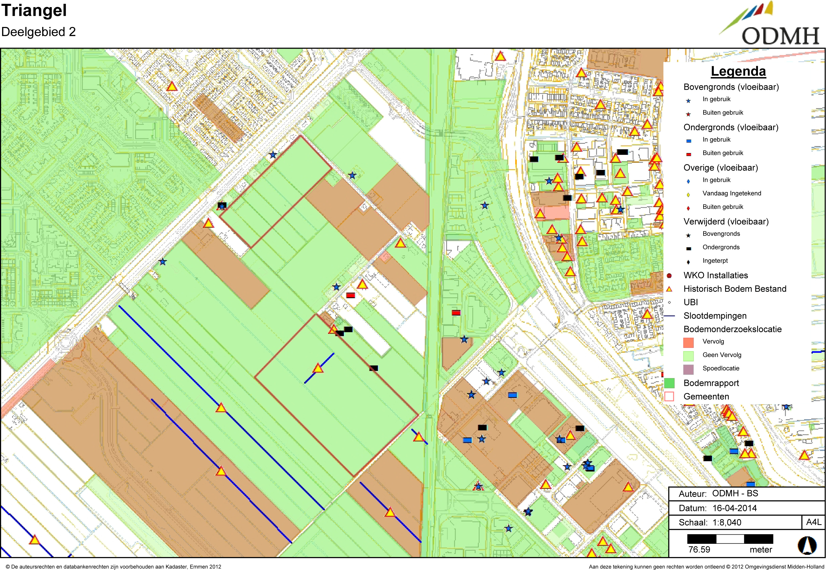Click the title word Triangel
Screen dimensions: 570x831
[34, 11]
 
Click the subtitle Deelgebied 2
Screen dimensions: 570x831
[39, 32]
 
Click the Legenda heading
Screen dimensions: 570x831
[738, 71]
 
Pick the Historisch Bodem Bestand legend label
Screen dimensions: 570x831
[735, 289]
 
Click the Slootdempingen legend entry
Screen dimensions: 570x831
[715, 316]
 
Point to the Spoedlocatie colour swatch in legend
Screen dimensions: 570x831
[688, 369]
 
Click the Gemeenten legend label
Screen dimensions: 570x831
[706, 397]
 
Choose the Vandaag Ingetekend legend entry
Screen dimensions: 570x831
[731, 193]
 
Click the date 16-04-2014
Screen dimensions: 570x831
[735, 508]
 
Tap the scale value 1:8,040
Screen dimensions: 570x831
[727, 522]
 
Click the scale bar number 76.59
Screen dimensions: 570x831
[699, 550]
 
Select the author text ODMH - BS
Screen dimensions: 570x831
[735, 493]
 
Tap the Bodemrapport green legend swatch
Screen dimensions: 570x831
[669, 383]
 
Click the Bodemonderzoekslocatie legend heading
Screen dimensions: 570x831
[732, 329]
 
